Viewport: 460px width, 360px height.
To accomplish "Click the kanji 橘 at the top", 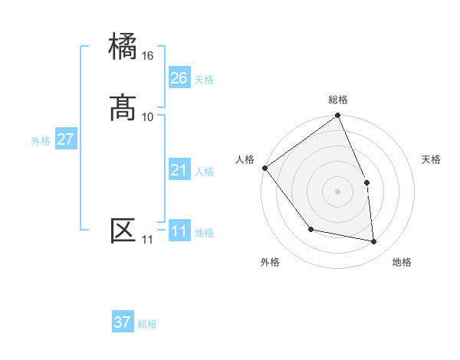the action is pyautogui.click(x=123, y=47).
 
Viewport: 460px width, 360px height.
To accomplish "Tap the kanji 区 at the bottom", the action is pyautogui.click(x=123, y=231).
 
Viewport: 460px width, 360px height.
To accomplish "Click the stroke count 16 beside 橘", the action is pyautogui.click(x=148, y=56).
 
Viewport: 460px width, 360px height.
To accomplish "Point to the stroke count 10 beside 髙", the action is pyautogui.click(x=148, y=116).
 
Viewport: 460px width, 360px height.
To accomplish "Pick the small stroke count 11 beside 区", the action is pyautogui.click(x=147, y=240).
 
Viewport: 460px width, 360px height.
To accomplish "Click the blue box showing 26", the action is pyautogui.click(x=179, y=78).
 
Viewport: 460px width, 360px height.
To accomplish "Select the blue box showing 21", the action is pyautogui.click(x=179, y=170).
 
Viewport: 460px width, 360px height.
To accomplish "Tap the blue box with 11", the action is pyautogui.click(x=179, y=231).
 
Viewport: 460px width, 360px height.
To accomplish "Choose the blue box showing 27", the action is pyautogui.click(x=66, y=139).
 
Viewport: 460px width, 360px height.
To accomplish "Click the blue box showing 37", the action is pyautogui.click(x=123, y=322).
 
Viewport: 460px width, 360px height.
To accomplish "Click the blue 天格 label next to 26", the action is pyautogui.click(x=204, y=80).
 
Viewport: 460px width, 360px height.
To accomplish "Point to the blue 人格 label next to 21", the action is pyautogui.click(x=204, y=172).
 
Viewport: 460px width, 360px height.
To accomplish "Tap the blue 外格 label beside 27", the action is pyautogui.click(x=41, y=141).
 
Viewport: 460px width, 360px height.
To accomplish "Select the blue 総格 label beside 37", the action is pyautogui.click(x=147, y=324).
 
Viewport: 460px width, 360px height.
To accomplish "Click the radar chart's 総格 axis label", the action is pyautogui.click(x=338, y=100).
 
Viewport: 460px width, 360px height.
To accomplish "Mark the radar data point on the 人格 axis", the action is pyautogui.click(x=264, y=168).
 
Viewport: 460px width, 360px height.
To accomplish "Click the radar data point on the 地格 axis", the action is pyautogui.click(x=374, y=242).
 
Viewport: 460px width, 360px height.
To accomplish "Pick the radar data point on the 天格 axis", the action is pyautogui.click(x=366, y=182).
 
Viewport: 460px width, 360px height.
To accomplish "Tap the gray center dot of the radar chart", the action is pyautogui.click(x=338, y=191).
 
